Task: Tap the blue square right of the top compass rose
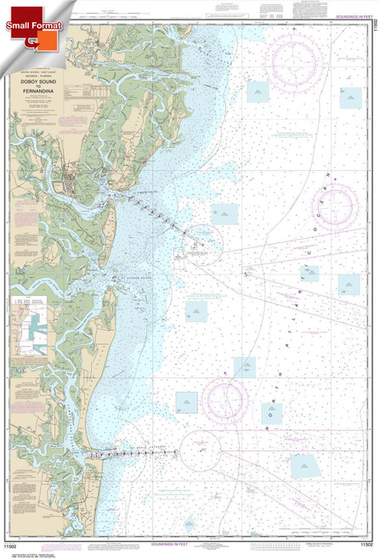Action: (x=350, y=98)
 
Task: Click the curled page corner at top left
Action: (x=7, y=7)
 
